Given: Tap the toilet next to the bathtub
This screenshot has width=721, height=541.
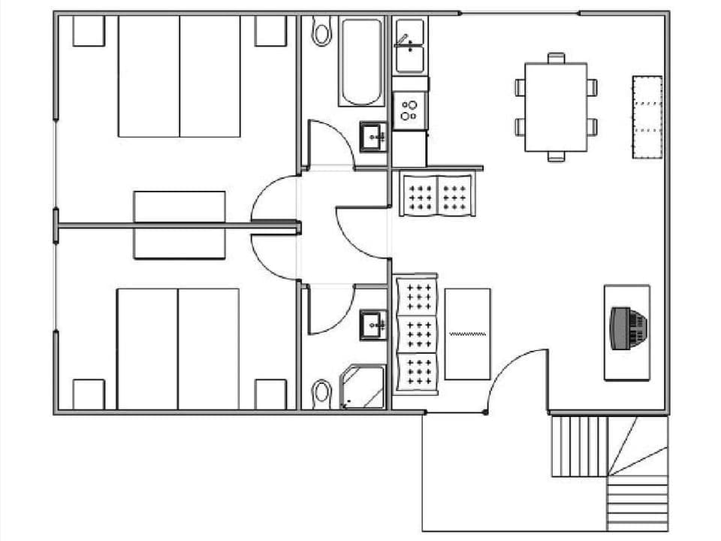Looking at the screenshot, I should click(x=322, y=32).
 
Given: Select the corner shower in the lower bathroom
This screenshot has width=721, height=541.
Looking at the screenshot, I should click(x=363, y=387).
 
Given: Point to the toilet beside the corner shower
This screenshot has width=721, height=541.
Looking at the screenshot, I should click(x=322, y=391).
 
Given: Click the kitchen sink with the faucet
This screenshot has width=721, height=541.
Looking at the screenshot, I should click(x=410, y=46).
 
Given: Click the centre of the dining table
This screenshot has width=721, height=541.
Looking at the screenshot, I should click(x=556, y=107).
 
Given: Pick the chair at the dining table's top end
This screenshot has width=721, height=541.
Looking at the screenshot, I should click(x=556, y=57).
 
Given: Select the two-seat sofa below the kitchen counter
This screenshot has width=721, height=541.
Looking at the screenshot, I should click(x=436, y=195).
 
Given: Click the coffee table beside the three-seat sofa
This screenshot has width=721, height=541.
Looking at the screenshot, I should click(x=467, y=334).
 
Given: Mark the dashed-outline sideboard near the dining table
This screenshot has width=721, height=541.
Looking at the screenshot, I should click(x=647, y=116).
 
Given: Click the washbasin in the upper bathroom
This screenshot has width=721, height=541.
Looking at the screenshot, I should click(x=373, y=137).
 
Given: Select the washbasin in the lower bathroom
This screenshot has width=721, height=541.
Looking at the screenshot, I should click(x=373, y=325).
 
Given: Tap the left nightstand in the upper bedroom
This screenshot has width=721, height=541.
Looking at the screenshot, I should click(x=89, y=31).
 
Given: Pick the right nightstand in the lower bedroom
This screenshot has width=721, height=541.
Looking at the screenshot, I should click(x=270, y=394).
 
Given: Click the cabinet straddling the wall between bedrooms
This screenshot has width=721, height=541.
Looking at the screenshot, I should click(x=179, y=225).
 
